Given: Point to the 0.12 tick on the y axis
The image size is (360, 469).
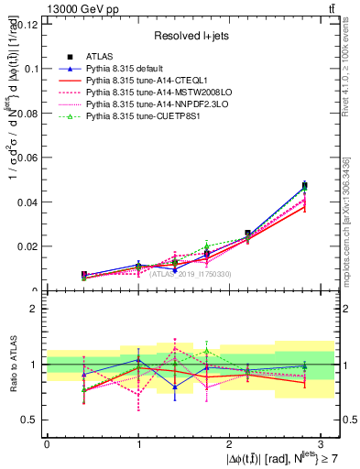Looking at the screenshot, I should coord(28,24).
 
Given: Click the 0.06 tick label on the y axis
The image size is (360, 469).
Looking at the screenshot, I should coord(28,158).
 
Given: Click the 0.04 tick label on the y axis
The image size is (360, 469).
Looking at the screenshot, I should coord(28,202).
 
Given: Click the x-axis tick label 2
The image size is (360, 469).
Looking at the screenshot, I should coord(230,443).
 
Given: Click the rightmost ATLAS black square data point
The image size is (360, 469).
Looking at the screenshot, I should coord(305,186).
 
